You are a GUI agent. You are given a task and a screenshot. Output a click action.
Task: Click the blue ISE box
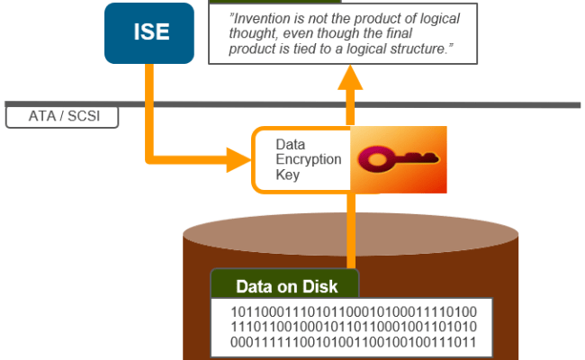coord(149,33)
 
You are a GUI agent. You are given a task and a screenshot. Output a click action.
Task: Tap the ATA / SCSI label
coord(60,117)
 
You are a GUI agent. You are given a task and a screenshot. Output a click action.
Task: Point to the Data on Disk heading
coord(286,287)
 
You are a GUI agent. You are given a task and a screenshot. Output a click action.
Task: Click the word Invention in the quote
coord(265,19)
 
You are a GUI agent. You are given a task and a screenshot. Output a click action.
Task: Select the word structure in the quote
coord(417,49)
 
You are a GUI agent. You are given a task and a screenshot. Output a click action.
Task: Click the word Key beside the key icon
coord(287,175)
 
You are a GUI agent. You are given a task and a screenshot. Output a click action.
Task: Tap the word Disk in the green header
coord(319,287)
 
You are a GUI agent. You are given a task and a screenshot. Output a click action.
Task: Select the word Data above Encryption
coord(290,144)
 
